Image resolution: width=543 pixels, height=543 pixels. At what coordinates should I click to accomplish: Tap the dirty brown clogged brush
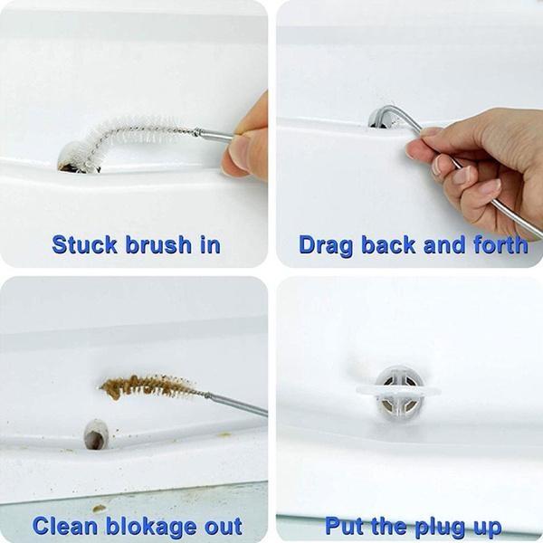click(x=149, y=386)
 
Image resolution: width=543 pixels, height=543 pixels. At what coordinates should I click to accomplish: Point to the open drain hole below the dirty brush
click(x=95, y=434)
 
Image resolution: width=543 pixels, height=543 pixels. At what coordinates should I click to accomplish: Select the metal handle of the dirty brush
click(x=235, y=403)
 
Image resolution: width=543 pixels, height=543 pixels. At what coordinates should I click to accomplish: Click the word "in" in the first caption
click(x=209, y=244)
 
